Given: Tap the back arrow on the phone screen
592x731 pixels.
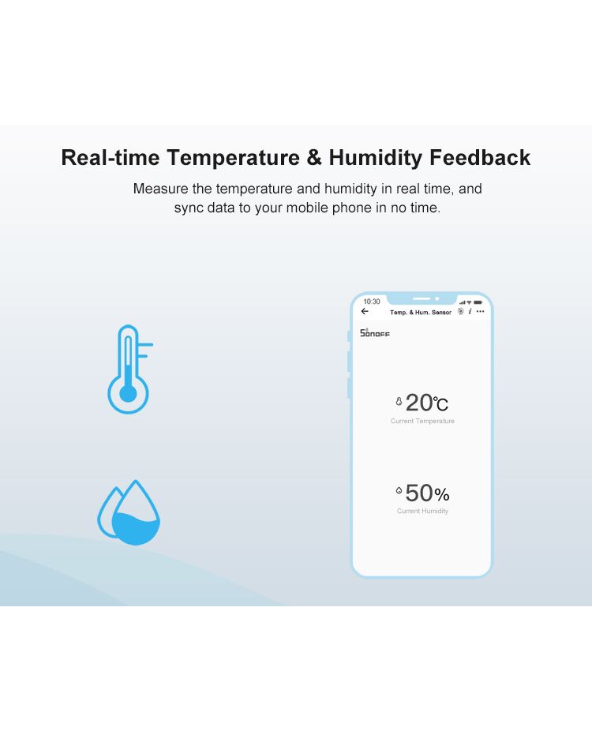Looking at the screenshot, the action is coord(365,311).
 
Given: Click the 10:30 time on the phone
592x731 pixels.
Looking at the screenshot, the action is coord(372,302).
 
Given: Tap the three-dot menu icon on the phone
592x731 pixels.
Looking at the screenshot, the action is coord(481,311).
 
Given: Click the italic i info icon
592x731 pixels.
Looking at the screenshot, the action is coord(470,311).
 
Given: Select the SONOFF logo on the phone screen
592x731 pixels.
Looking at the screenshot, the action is coord(375,333).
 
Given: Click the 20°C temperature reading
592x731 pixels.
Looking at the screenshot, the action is coord(427,403).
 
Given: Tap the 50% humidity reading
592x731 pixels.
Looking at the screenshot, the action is coord(428,493).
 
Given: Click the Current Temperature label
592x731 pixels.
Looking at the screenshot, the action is coord(422,421).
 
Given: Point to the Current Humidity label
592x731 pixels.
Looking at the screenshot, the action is coord(422,511).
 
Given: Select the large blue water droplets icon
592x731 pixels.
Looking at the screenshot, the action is coord(129,512).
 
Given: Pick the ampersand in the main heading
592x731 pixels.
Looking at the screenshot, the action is coord(314,158).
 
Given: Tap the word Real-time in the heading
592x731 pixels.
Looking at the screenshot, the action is coord(111,158).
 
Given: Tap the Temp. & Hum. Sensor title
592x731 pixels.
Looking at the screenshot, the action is coord(421,313).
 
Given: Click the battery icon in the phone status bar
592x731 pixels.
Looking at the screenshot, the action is coord(478,302).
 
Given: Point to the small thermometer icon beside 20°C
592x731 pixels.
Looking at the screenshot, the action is coord(399,401).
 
